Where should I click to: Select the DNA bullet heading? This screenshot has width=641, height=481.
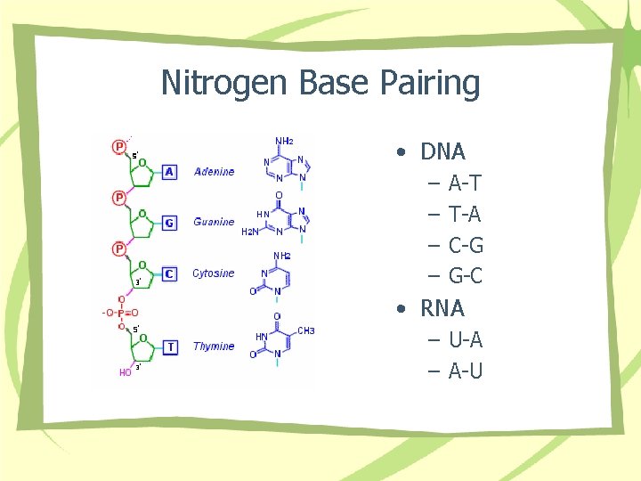coord(442,151)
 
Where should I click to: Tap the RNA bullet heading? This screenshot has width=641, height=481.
coord(442,308)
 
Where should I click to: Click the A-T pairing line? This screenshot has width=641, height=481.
coord(465,183)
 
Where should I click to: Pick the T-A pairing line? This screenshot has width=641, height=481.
coord(465,215)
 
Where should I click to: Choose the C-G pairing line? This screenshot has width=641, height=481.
coord(466,245)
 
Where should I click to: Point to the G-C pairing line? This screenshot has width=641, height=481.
coord(466,276)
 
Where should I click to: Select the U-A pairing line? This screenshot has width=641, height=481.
coord(466,339)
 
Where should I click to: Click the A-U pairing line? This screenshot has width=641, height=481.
coord(466,371)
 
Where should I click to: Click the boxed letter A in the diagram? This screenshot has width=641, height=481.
coord(170,172)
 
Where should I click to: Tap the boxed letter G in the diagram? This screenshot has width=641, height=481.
coord(170,222)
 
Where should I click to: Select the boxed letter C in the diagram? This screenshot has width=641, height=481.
coord(170,273)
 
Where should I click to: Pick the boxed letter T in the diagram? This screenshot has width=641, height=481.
coord(171,346)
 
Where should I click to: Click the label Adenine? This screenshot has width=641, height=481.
coord(214,172)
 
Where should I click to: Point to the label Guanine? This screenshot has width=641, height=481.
coord(214,222)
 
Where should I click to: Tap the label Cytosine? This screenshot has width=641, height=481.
coord(214,273)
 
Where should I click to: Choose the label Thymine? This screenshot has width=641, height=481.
coord(214,346)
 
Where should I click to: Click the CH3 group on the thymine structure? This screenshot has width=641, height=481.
coord(305,330)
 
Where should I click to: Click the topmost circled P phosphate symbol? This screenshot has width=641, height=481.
coord(118,146)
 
